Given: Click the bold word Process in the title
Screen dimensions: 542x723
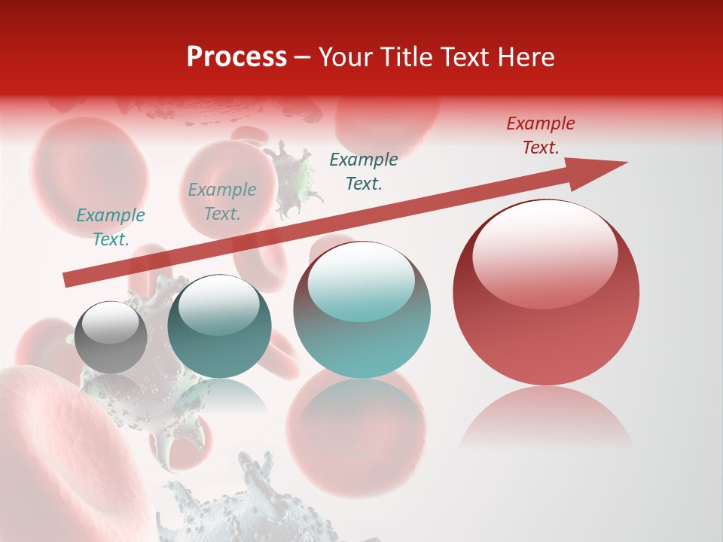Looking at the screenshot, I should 236,56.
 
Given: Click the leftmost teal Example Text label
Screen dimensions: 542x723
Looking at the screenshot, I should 111,227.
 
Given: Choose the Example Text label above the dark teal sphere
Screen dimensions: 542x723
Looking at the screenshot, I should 222,202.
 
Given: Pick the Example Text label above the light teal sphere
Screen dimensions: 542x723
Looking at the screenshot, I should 364,172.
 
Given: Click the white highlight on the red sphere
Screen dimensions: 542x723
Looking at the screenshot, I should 545,252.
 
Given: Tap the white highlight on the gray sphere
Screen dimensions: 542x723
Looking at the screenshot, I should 110,322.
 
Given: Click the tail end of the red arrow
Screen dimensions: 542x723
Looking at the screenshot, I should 69,280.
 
